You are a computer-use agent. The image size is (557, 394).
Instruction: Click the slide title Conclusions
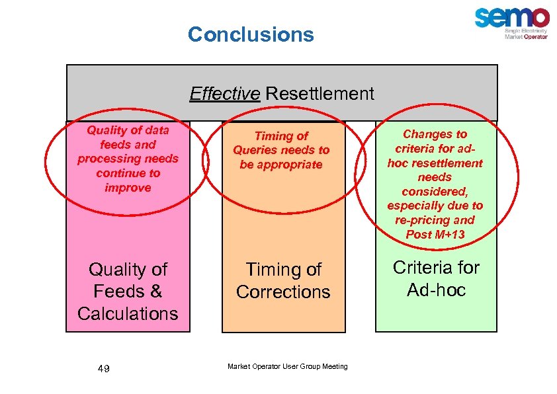tap(251, 34)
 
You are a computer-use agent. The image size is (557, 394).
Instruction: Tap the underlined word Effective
tap(224, 94)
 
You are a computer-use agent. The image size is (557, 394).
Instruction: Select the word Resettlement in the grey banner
tap(320, 94)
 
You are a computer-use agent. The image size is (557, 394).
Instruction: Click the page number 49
tap(103, 368)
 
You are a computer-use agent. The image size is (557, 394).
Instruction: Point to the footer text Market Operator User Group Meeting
tap(287, 367)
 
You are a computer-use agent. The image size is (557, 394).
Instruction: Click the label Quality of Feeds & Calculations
tap(128, 291)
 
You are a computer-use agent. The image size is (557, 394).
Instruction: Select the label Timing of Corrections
tap(282, 280)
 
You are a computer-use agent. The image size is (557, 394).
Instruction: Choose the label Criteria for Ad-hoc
tap(436, 278)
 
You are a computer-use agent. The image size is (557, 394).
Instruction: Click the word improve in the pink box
tap(128, 188)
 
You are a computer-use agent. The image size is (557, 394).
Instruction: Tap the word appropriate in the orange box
tap(281, 165)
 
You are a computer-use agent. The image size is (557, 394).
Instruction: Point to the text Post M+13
tap(435, 235)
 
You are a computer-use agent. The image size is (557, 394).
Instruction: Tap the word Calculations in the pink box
tap(128, 313)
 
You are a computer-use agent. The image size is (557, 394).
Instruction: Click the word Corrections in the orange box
tap(282, 292)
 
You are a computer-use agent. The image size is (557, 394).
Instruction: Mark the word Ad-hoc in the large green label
tap(436, 290)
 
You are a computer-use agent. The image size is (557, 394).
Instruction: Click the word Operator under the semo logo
tap(536, 37)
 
